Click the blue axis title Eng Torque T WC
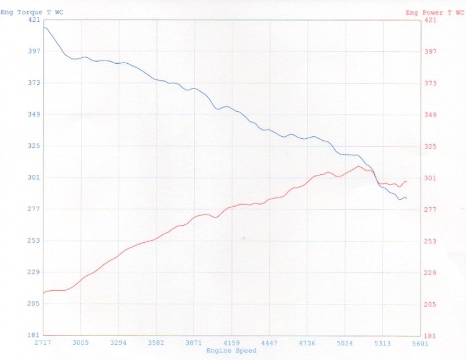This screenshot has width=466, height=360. [x=32, y=12]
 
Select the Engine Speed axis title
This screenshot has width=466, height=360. [x=231, y=351]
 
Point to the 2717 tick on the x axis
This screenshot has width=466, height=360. [x=43, y=343]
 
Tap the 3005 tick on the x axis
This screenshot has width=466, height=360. [x=81, y=343]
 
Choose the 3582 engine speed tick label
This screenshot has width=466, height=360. [x=156, y=343]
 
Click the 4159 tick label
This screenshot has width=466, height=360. [x=231, y=343]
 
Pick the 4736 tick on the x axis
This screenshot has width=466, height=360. [x=307, y=343]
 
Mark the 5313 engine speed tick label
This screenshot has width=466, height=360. [x=383, y=343]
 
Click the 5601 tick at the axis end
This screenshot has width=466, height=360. [x=420, y=343]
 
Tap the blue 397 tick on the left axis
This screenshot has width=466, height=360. [x=34, y=51]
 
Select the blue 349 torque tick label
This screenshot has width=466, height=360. [x=34, y=114]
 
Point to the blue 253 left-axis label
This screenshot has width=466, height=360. [x=34, y=240]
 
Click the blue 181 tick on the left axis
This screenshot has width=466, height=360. [x=34, y=335]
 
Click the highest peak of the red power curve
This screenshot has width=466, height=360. [x=358, y=166]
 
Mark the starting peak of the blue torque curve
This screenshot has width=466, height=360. [x=45, y=28]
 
